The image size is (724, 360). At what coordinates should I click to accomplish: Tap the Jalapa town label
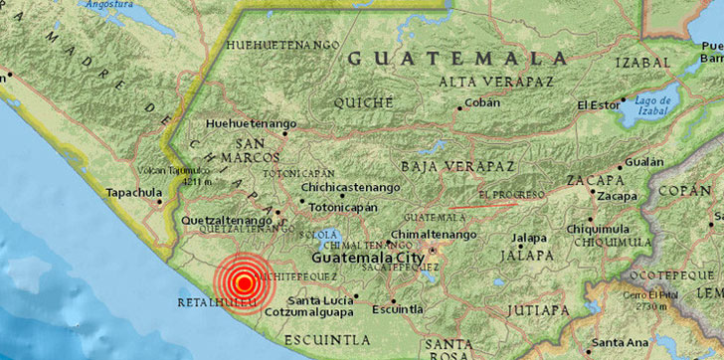click(x=529, y=238)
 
